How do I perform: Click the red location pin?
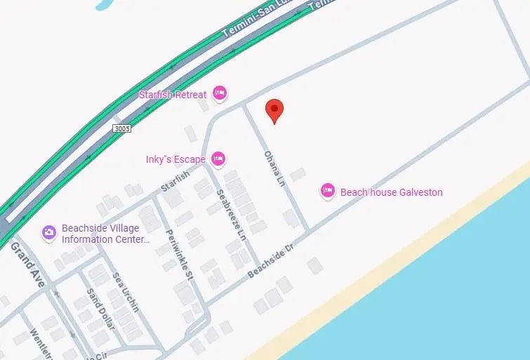coord(274,111)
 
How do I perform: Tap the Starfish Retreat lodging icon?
coord(220,93)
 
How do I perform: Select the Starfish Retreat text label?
coord(173,94)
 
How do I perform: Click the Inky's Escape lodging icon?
coord(218,159)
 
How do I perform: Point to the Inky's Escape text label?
coord(175,159)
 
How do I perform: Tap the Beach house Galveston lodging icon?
coord(327,191)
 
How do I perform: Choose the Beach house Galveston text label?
coord(391,192)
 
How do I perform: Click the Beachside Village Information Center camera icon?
coord(49,232)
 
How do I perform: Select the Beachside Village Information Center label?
coord(105,234)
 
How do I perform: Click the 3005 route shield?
coord(121,128)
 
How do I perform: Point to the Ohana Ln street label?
coord(273,169)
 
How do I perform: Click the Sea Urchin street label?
coord(125,291)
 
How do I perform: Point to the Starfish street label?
coord(175,181)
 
